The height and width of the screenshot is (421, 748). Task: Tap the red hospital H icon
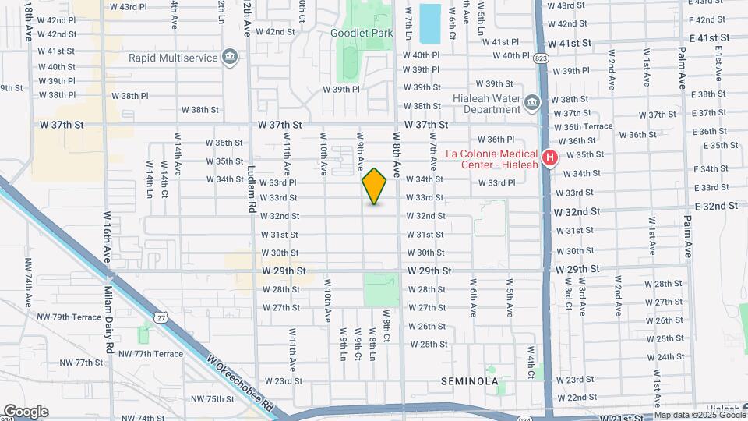pyautogui.click(x=550, y=158)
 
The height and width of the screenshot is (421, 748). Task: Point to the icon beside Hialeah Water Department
pyautogui.click(x=532, y=103)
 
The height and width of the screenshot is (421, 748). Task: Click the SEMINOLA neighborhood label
pyautogui.click(x=468, y=381)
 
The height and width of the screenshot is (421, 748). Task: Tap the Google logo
pyautogui.click(x=26, y=412)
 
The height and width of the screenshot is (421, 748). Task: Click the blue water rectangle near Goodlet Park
pyautogui.click(x=429, y=23)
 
